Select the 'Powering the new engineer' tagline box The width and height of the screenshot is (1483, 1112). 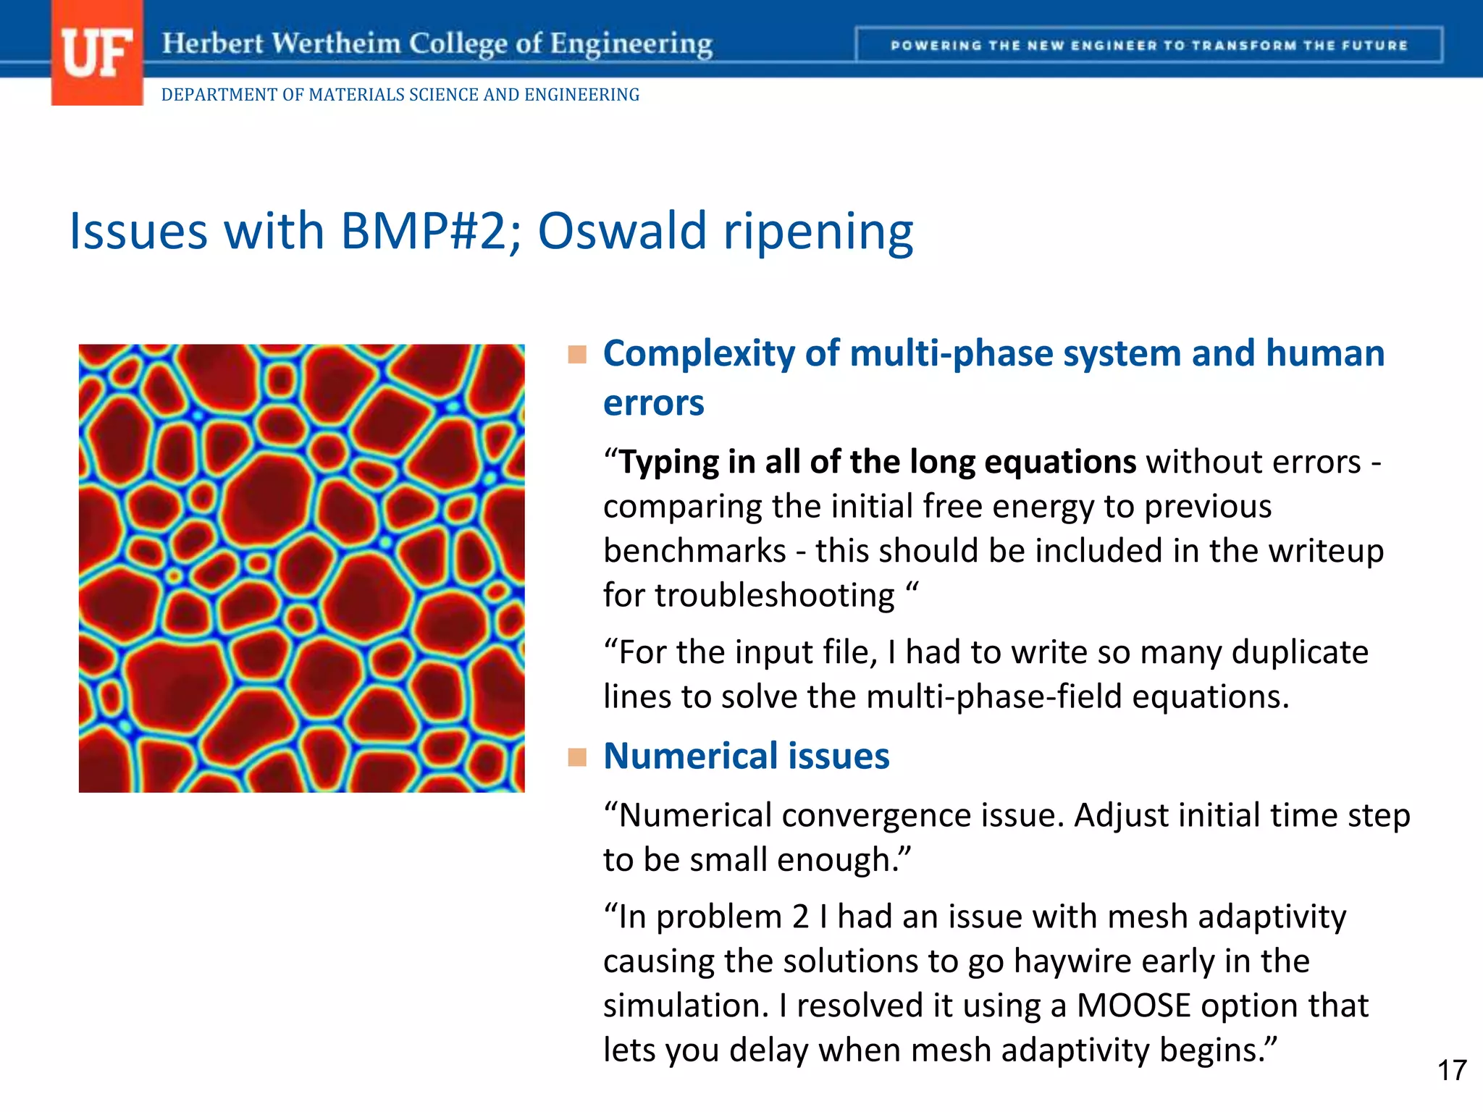tap(1148, 46)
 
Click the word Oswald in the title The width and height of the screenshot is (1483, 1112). tap(622, 232)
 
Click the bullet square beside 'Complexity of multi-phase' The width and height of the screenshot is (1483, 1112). tap(577, 355)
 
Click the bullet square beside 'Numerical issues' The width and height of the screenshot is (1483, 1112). tap(577, 757)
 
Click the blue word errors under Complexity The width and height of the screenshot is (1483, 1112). tap(653, 403)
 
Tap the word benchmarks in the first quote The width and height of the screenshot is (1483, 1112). tap(694, 551)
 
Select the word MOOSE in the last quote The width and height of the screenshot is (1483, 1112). tap(1133, 1006)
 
